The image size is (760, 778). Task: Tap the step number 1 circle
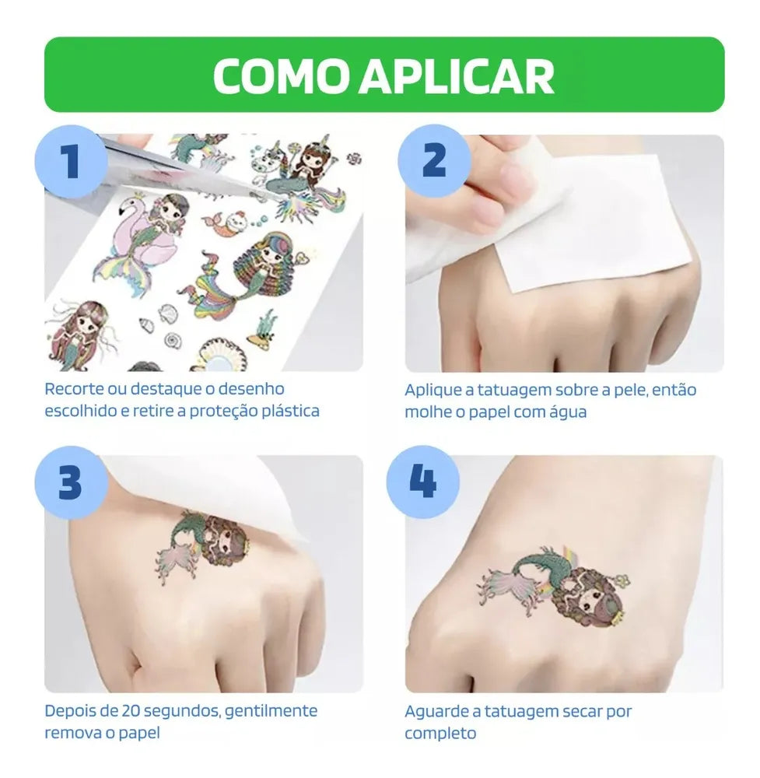[72, 162]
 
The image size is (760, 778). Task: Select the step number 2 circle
[435, 160]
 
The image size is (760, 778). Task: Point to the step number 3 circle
[72, 482]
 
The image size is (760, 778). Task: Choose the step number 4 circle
[423, 482]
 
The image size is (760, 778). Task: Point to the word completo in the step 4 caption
[440, 734]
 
